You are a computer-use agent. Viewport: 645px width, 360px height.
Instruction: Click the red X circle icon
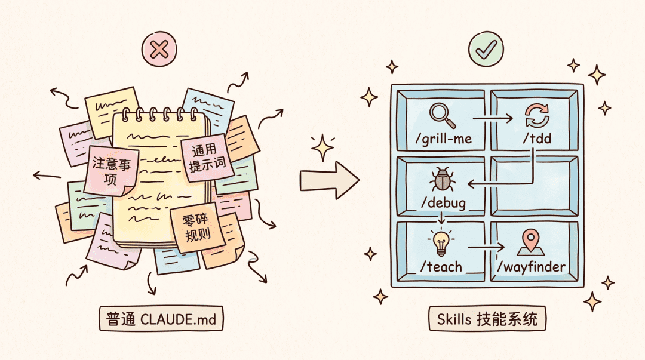click(x=159, y=50)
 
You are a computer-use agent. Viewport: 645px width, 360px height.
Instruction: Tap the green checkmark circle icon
click(x=486, y=49)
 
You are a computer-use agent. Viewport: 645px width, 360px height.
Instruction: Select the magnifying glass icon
click(x=442, y=115)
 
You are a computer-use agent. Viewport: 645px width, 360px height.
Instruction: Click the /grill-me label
click(x=443, y=139)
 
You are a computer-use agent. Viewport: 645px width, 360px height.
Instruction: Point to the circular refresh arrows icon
click(x=537, y=116)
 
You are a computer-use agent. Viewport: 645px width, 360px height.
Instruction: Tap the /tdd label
click(x=537, y=139)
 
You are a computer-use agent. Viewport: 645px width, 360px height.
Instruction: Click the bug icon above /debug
click(x=442, y=179)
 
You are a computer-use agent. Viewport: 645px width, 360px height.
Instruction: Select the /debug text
click(x=444, y=203)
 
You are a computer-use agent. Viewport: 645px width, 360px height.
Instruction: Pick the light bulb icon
click(x=441, y=243)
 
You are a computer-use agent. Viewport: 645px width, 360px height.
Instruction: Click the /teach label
click(x=441, y=267)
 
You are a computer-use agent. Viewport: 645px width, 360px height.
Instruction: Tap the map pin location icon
click(x=531, y=243)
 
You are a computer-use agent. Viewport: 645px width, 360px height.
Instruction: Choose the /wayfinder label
click(x=531, y=267)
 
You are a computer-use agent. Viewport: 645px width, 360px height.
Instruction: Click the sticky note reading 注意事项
click(x=111, y=171)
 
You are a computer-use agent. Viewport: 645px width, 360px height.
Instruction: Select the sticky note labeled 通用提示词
click(x=207, y=158)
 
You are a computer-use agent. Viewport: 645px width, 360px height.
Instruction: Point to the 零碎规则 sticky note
click(x=198, y=227)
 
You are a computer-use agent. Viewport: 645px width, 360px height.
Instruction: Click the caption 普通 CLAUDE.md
click(x=161, y=318)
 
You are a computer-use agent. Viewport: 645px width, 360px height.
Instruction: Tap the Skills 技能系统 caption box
click(x=487, y=318)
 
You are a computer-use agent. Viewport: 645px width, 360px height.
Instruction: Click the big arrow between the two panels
click(x=329, y=180)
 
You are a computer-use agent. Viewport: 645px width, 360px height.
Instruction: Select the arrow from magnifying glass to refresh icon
click(x=493, y=118)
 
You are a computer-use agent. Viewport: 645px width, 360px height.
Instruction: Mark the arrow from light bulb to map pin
click(x=486, y=247)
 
